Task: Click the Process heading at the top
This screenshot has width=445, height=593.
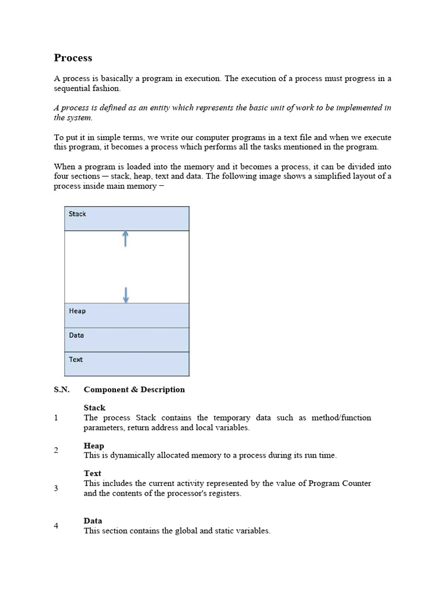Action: (x=73, y=58)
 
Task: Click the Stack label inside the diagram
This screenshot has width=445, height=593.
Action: (x=77, y=214)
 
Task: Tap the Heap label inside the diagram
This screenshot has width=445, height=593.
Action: (x=77, y=311)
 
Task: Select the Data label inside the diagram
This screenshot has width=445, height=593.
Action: (x=76, y=335)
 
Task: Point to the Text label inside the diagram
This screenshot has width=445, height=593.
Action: (x=76, y=360)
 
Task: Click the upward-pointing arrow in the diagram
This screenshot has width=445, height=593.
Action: (x=125, y=239)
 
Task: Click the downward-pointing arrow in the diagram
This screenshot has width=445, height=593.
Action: (x=126, y=295)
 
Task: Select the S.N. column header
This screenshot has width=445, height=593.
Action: (x=61, y=390)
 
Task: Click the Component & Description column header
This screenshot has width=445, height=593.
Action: (x=134, y=390)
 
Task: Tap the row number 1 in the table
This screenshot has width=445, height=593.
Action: (x=56, y=418)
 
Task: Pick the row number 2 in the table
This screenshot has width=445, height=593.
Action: (x=56, y=451)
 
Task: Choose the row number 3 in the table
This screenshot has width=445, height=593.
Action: (x=56, y=488)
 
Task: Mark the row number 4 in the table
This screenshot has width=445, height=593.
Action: (x=56, y=526)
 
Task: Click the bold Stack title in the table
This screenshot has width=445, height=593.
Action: (x=94, y=408)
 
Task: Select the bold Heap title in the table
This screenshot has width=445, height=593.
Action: (x=94, y=446)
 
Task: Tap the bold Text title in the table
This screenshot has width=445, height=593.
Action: (x=92, y=473)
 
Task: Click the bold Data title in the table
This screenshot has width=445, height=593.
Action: (x=93, y=521)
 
